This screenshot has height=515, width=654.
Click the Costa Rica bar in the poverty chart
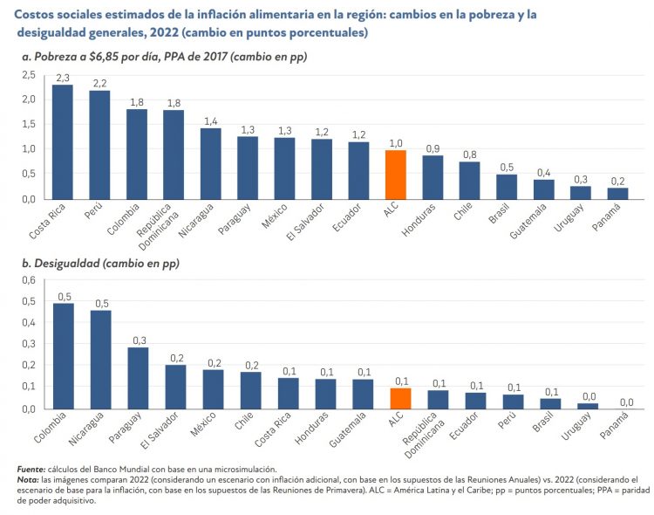[x=62, y=141]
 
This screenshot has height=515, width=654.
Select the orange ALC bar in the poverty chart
[x=395, y=175]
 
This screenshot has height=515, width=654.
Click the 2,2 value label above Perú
[x=99, y=83]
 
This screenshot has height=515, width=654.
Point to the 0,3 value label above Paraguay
[x=138, y=340]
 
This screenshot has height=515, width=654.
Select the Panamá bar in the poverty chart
[x=617, y=193]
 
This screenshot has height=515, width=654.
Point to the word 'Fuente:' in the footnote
[x=31, y=469]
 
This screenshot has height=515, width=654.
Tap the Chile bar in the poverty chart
[x=469, y=180]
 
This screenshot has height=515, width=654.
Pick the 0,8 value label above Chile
[x=469, y=154]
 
